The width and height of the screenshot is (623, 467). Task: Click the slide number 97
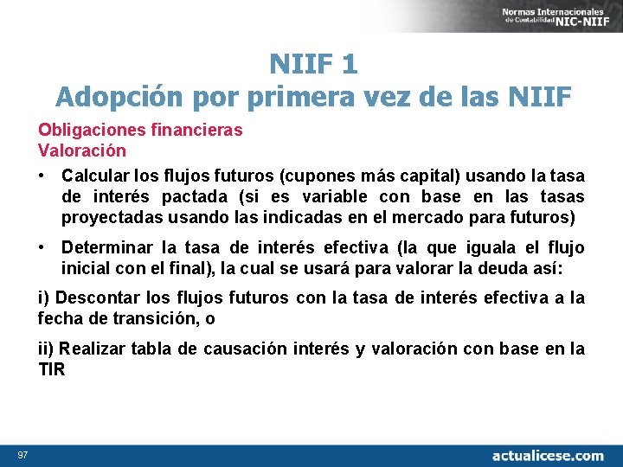(21, 455)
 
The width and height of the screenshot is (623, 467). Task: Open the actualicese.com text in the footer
(548, 455)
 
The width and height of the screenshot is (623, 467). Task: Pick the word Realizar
(94, 349)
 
